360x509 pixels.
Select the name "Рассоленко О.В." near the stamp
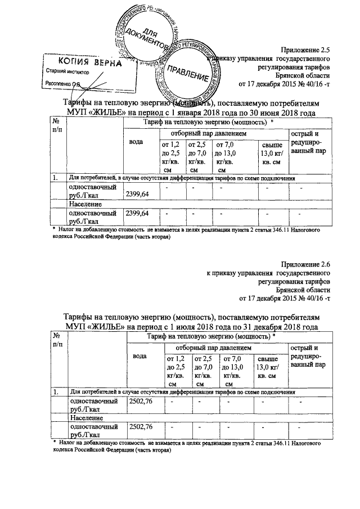coord(62,84)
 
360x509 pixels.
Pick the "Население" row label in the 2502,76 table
coord(85,418)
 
